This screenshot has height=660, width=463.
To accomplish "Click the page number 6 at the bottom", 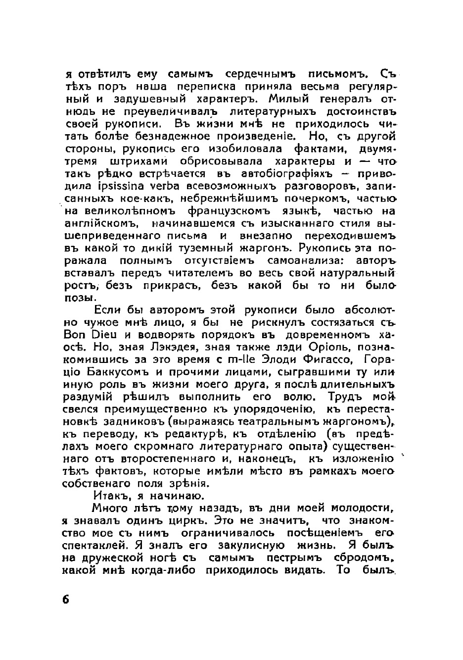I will [x=66, y=599].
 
